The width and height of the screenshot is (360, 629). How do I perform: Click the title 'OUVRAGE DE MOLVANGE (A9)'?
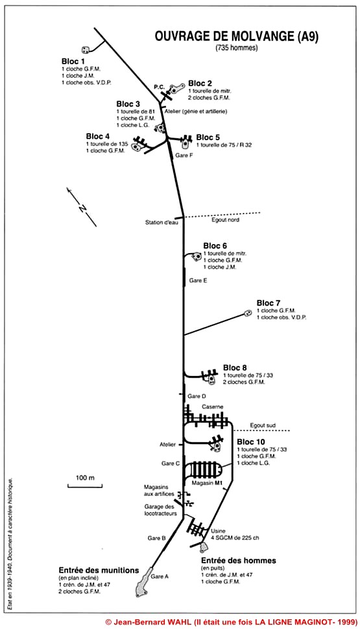point(237,36)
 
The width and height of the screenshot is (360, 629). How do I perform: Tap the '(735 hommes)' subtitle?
point(237,48)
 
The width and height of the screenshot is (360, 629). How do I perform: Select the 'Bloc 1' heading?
point(73,62)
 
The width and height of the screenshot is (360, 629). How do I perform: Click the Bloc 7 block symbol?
point(248,313)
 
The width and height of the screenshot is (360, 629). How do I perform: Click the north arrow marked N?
point(81,207)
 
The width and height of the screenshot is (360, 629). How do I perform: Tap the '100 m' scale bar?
point(84,485)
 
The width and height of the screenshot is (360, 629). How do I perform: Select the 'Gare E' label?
point(198,281)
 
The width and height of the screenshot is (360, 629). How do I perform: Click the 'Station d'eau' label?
point(161,222)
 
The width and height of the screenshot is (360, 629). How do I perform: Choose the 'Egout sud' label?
point(263,425)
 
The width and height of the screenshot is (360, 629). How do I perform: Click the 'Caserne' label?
point(213,407)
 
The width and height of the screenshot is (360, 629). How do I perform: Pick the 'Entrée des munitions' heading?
point(99,570)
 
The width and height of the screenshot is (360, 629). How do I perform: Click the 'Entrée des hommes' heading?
point(239,560)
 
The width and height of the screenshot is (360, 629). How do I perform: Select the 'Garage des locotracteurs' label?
point(160,510)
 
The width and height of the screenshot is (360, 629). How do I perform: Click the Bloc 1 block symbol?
point(86,50)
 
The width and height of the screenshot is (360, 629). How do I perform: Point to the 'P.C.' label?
point(159,86)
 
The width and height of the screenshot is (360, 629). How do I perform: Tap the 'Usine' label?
point(218,531)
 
